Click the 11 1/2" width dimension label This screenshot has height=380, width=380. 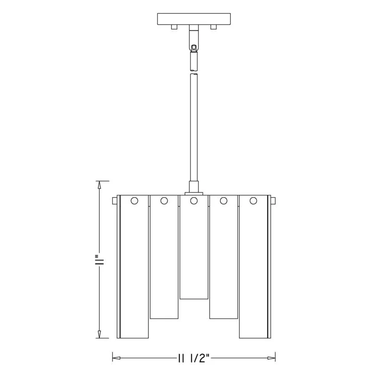click(x=194, y=358)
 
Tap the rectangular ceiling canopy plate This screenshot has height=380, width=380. click(x=194, y=19)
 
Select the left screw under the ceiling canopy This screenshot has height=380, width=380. click(x=174, y=27)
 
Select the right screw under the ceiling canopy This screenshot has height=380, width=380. click(x=213, y=27)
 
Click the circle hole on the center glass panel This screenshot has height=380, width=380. click(x=194, y=201)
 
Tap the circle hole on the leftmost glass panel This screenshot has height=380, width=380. click(x=134, y=201)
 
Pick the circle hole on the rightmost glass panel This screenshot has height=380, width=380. click(x=253, y=201)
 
